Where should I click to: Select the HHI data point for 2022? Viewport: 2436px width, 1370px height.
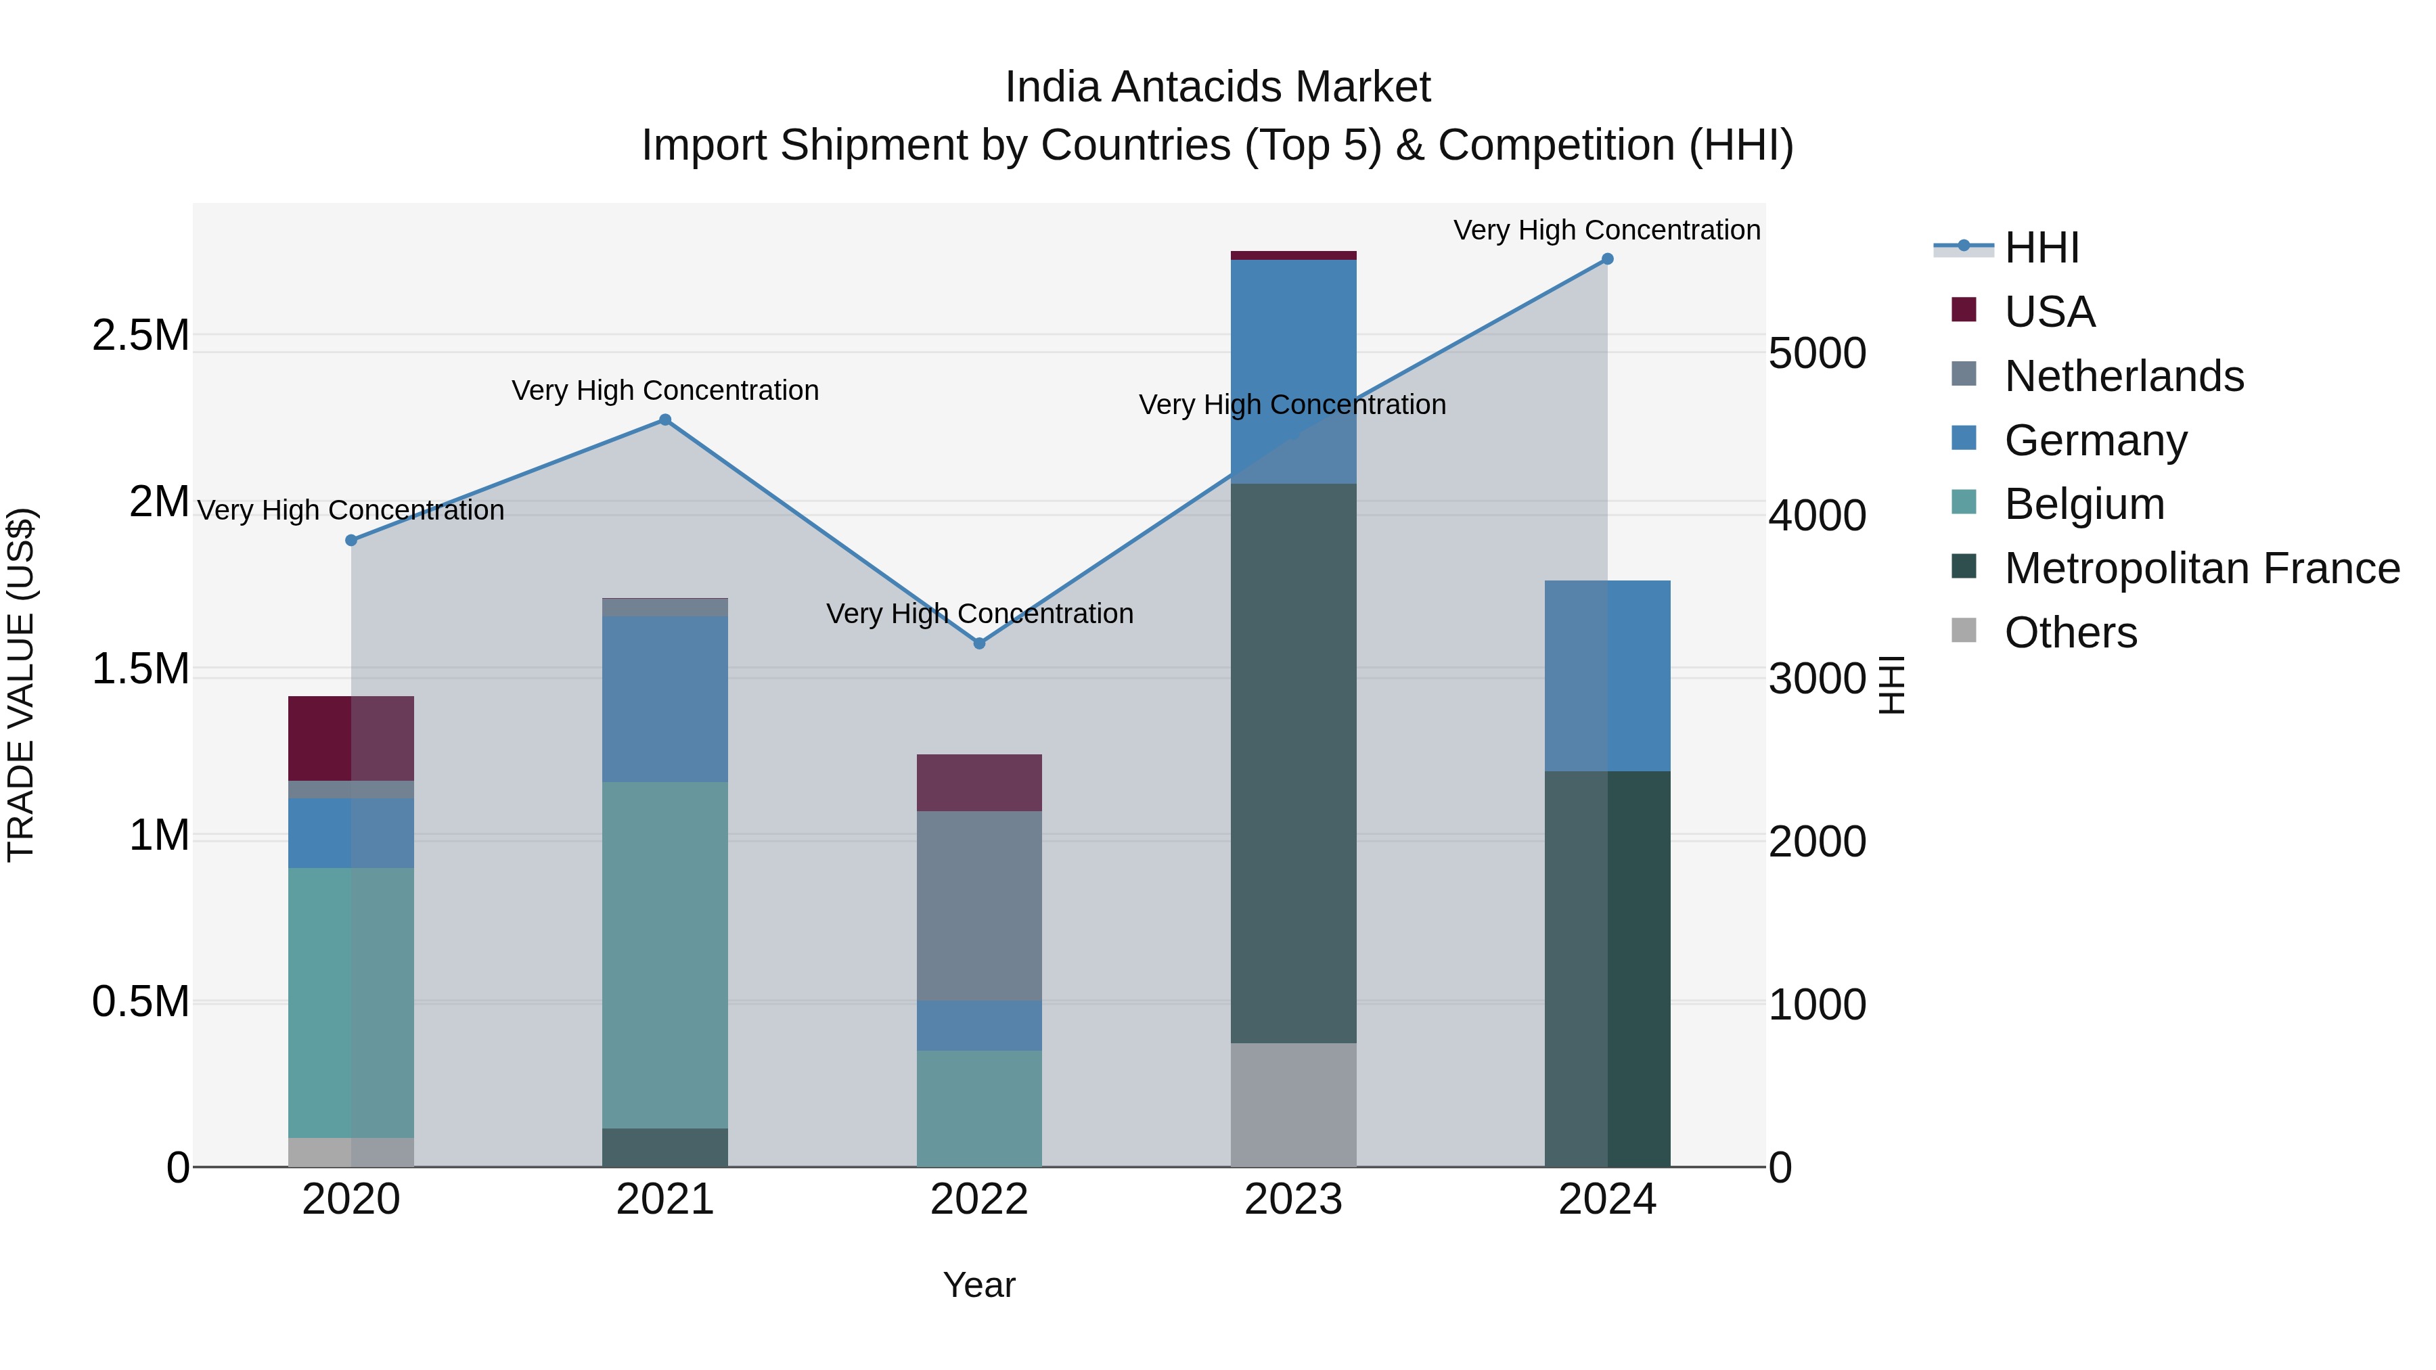pos(980,643)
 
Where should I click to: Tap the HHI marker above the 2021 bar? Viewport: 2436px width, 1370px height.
pos(664,419)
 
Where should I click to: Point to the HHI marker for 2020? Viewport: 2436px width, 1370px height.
pos(351,540)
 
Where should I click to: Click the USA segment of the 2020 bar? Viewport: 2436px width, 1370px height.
pos(351,737)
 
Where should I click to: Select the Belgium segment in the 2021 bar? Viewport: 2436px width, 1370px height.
pos(664,955)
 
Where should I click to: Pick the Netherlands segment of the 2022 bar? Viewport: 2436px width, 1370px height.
pos(980,906)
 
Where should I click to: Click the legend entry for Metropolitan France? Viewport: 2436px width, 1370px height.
pos(2201,568)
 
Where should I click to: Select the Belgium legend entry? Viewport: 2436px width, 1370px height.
pos(2084,504)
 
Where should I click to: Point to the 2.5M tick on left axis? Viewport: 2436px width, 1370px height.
pos(141,336)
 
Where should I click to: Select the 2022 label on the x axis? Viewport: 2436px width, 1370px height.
pos(980,1200)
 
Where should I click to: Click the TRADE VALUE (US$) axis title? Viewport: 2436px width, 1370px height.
pos(21,685)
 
